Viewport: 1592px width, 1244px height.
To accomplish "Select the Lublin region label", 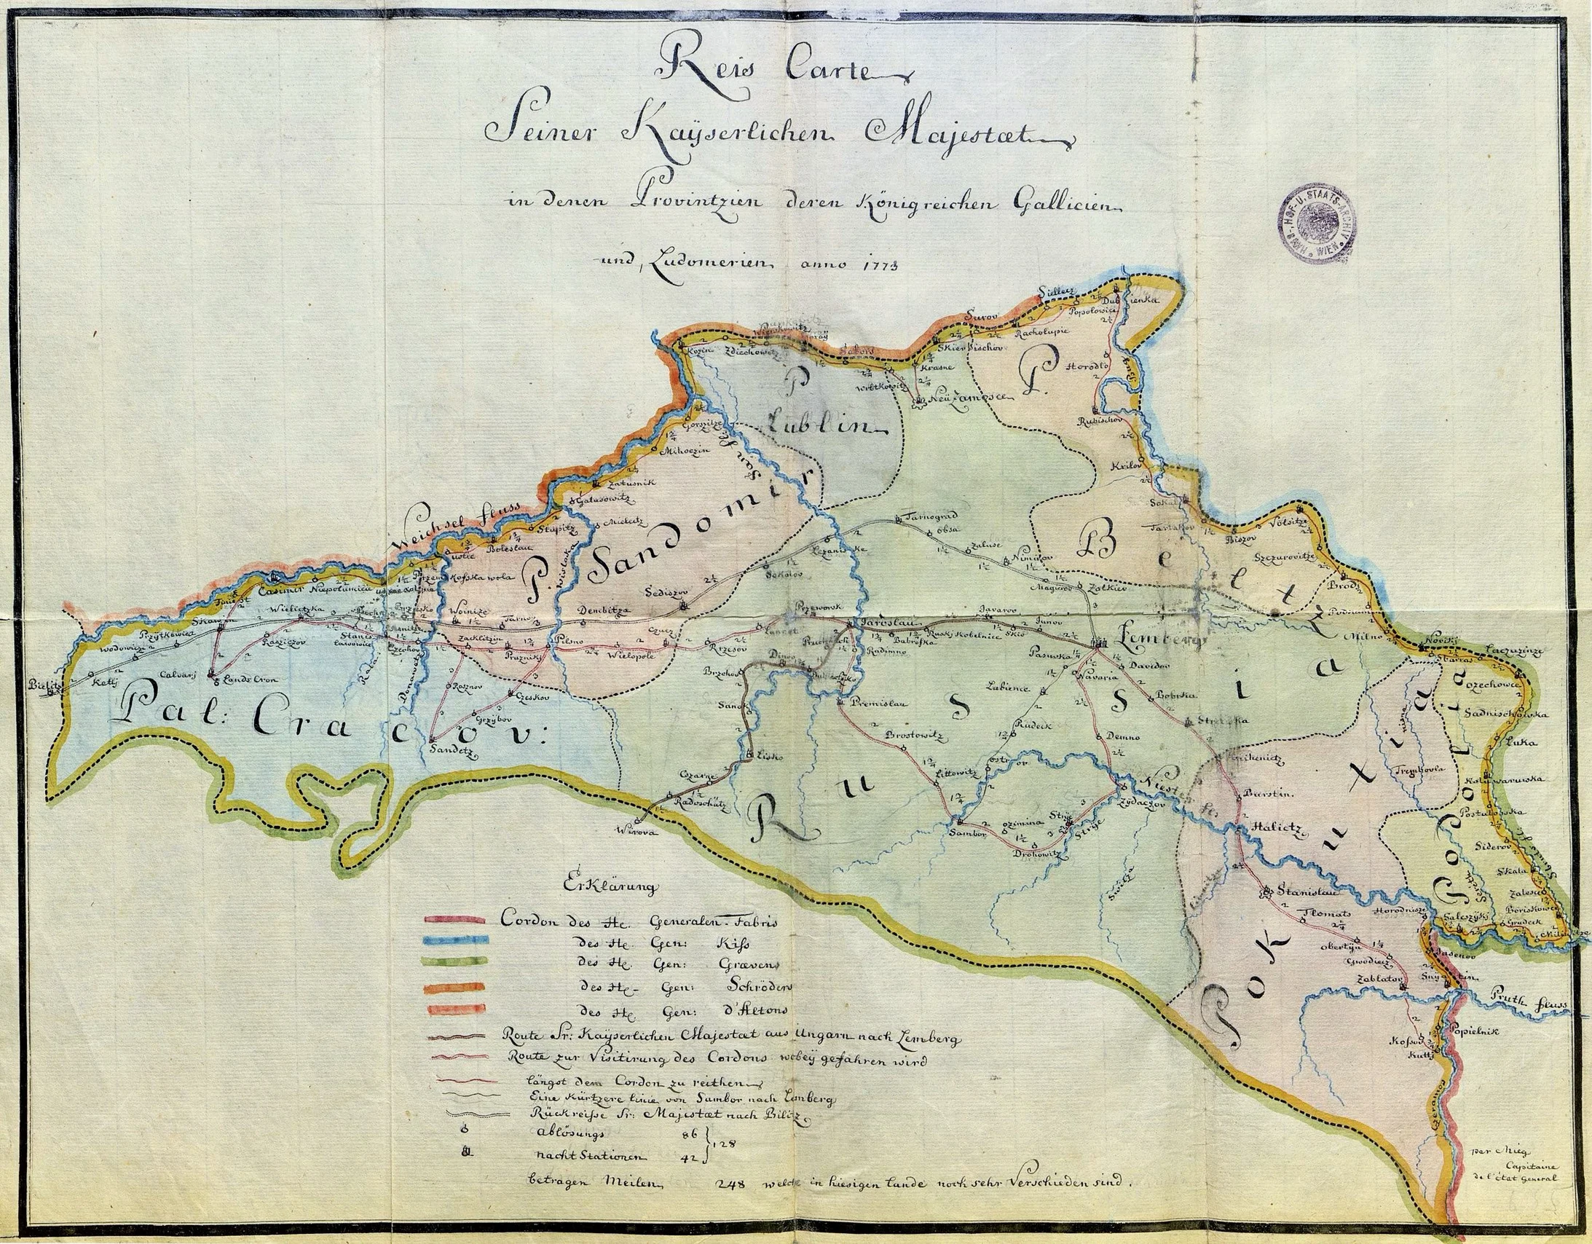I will [824, 425].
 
